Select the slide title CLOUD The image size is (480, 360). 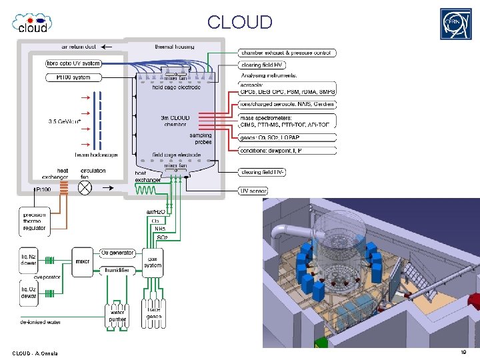239,22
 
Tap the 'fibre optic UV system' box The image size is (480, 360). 73,63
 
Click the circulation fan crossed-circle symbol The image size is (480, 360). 85,187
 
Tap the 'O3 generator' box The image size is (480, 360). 118,253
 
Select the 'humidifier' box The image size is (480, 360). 118,271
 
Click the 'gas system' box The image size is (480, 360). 153,263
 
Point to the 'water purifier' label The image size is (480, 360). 118,314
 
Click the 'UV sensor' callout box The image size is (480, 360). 253,191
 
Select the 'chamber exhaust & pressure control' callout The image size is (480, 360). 288,53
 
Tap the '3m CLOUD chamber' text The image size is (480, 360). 174,121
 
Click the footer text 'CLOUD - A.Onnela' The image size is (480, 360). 35,352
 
